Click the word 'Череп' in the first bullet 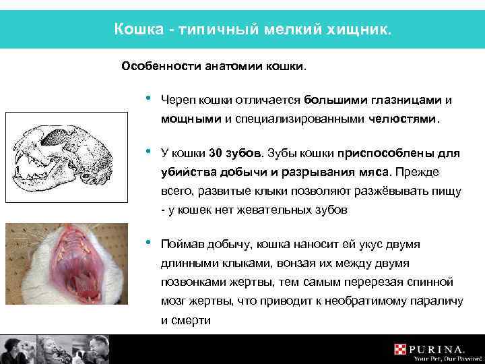point(177,100)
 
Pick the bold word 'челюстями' point(403,119)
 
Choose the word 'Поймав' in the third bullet point(183,243)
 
